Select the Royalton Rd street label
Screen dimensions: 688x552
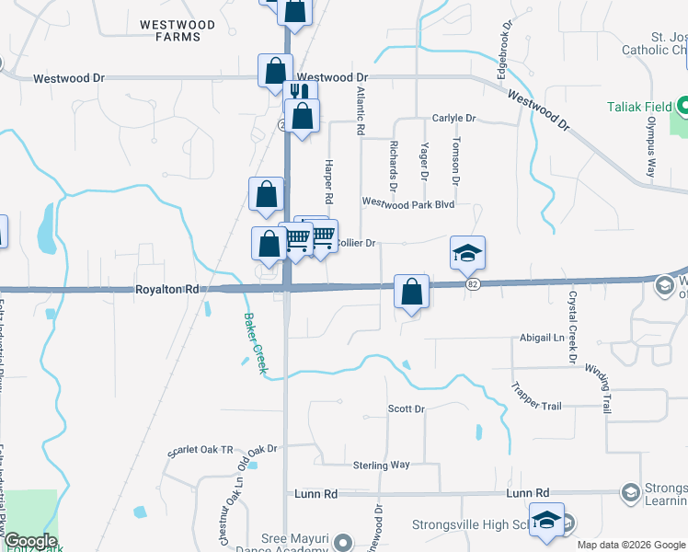pos(166,289)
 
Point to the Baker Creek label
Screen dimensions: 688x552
pos(255,343)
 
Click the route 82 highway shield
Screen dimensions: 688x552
pos(473,285)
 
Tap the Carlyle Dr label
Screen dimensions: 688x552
pos(453,119)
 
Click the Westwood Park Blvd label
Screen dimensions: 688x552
pos(408,202)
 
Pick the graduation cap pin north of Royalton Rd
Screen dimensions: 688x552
pos(467,252)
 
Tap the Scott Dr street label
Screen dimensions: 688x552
pos(406,408)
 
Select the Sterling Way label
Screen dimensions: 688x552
pos(380,466)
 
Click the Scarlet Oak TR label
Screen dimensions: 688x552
pos(201,450)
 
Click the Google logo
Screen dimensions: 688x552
pos(30,541)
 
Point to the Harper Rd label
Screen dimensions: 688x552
pos(327,181)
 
